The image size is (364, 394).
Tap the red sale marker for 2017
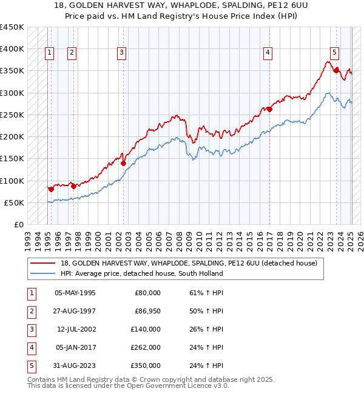tap(269, 110)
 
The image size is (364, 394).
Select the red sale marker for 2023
tap(336, 70)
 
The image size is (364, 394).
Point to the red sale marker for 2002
tap(123, 162)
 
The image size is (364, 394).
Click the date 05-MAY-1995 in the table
tap(75, 293)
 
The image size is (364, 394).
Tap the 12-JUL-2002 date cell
tap(76, 329)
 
